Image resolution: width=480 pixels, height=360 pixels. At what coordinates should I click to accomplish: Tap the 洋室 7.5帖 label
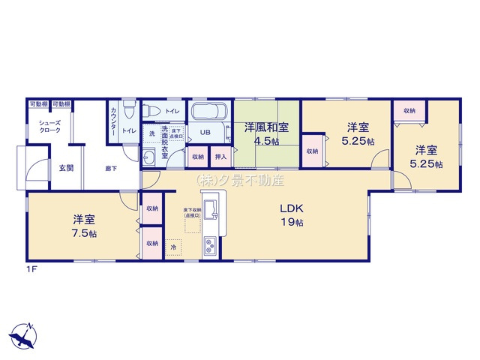click(x=82, y=225)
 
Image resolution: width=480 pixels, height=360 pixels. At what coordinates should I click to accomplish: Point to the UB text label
click(x=205, y=133)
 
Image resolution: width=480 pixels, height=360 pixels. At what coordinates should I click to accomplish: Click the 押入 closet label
click(x=219, y=157)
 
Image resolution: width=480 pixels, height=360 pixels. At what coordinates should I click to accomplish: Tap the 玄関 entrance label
click(x=65, y=168)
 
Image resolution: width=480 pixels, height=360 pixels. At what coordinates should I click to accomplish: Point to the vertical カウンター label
click(x=113, y=121)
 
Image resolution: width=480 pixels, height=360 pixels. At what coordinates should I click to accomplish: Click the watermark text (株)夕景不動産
click(x=240, y=180)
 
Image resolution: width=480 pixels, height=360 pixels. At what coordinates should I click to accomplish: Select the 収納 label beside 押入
click(x=197, y=157)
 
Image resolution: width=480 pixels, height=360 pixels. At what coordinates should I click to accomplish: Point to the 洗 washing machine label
click(x=151, y=133)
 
